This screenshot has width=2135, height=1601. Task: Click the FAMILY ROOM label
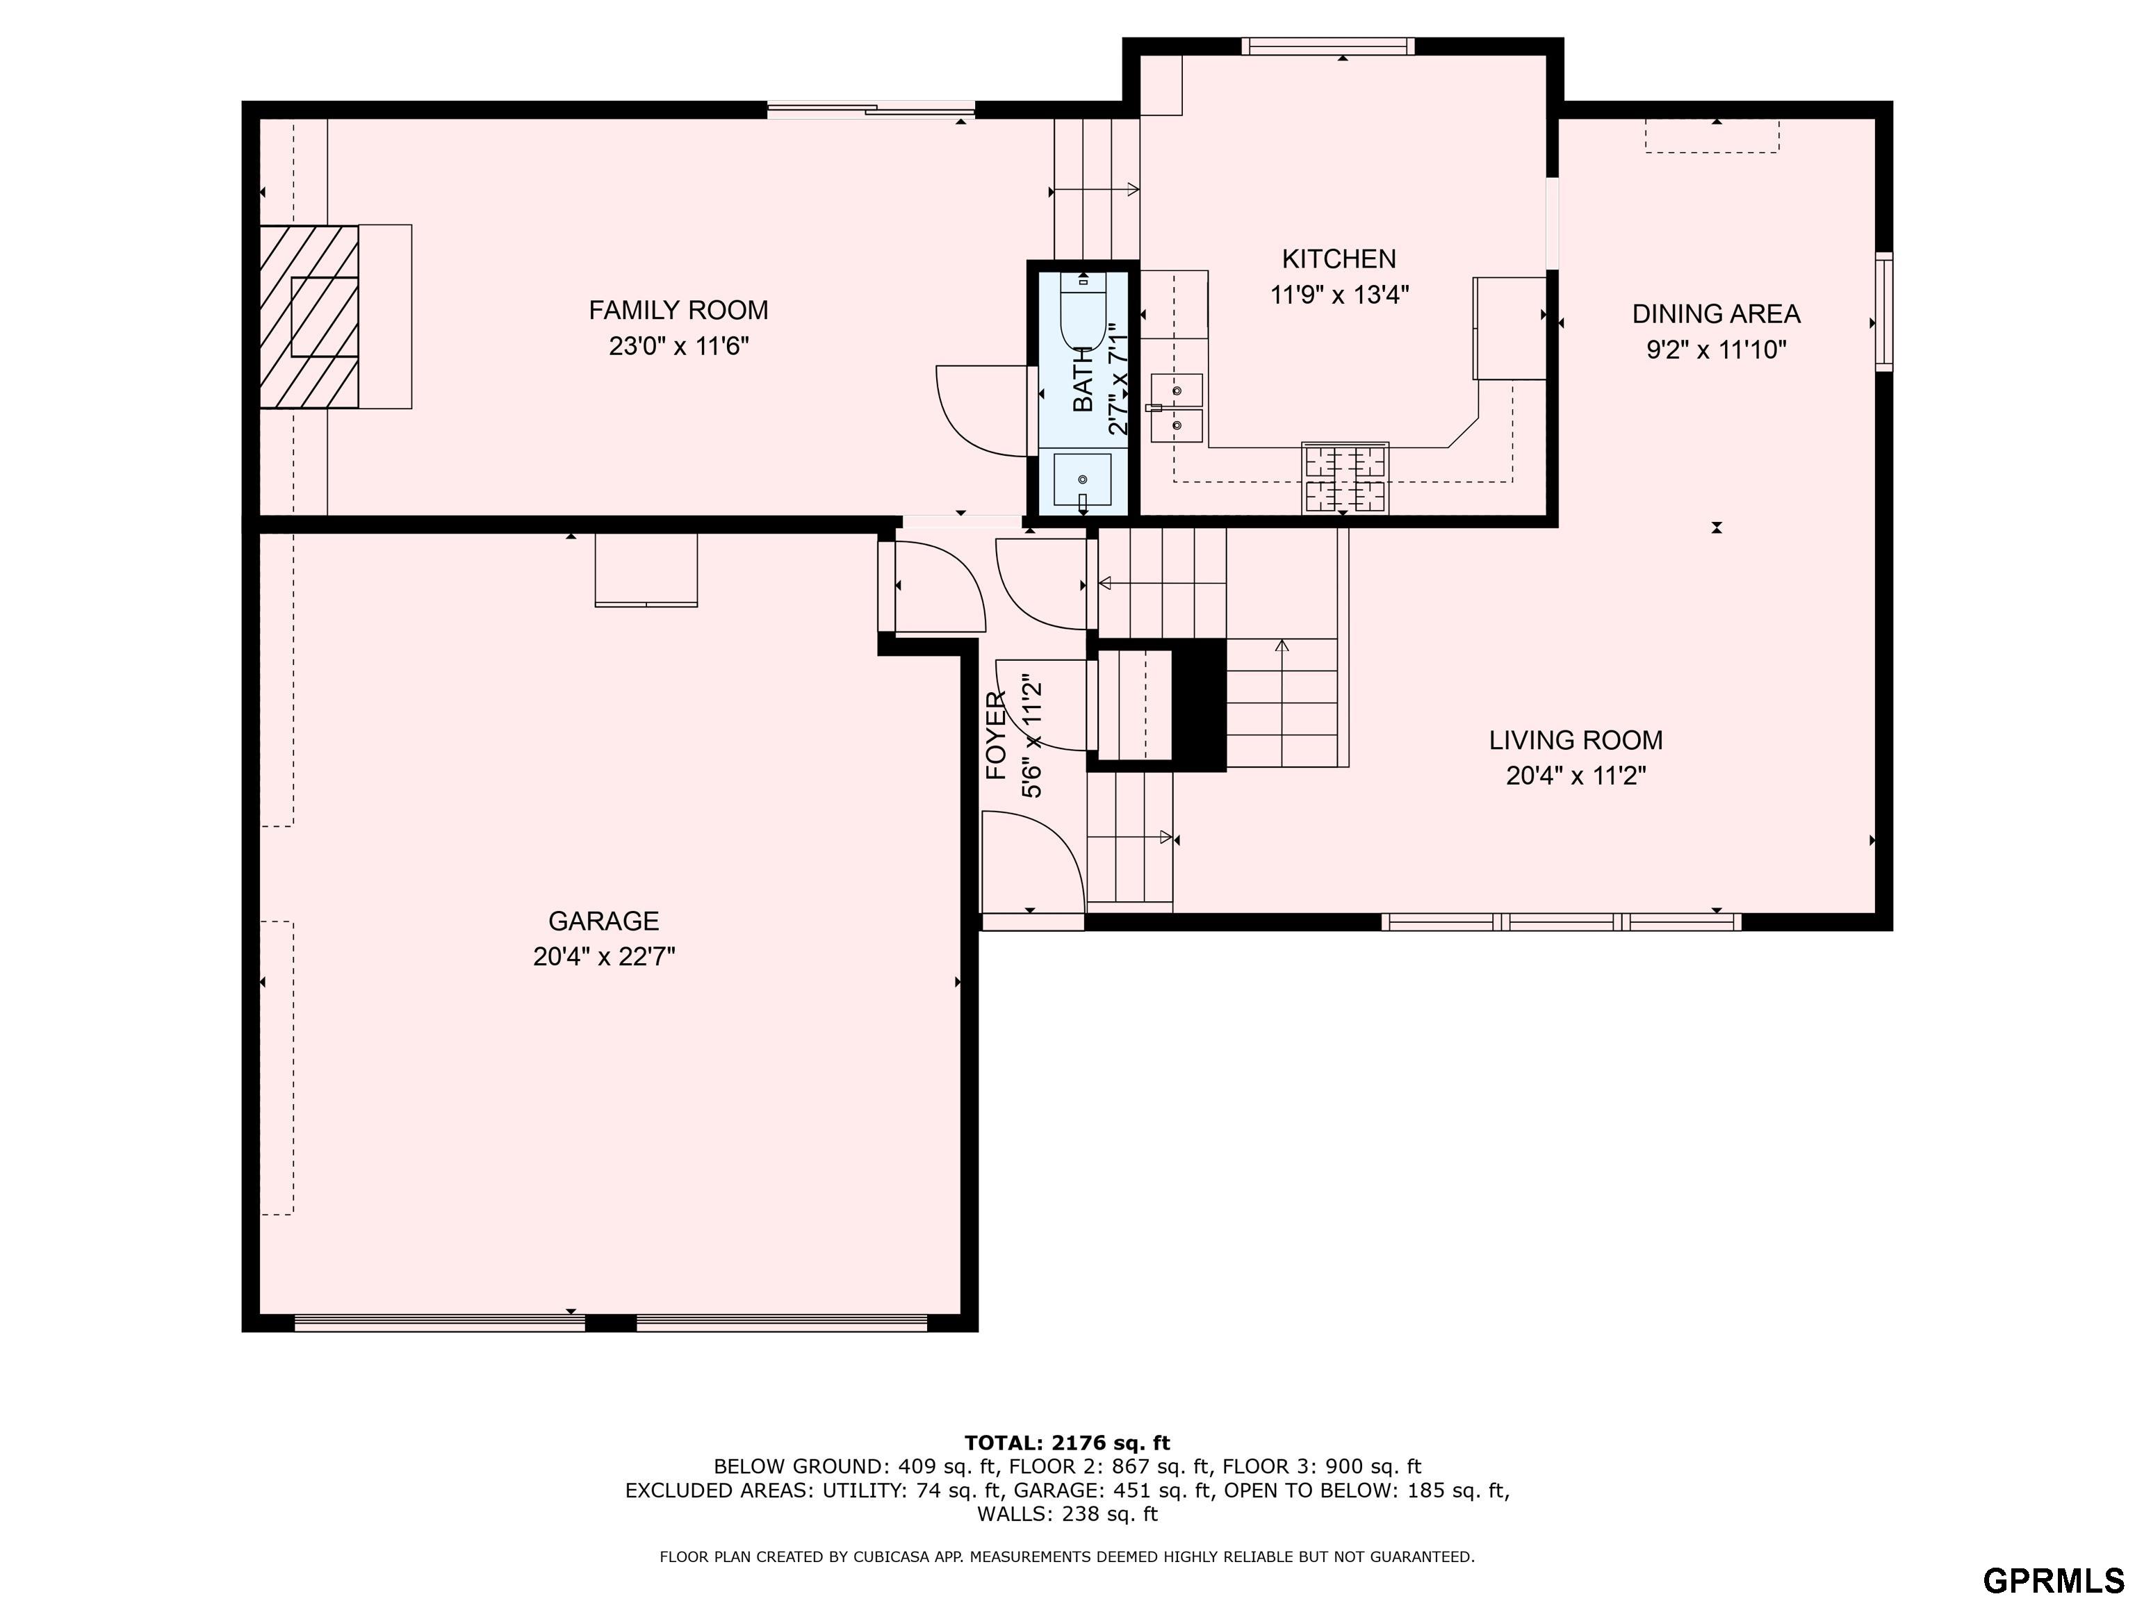tap(678, 310)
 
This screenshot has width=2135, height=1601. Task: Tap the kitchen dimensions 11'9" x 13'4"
tap(1340, 295)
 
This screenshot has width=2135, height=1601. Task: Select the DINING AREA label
tap(1716, 313)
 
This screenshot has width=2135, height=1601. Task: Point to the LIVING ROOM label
tap(1576, 740)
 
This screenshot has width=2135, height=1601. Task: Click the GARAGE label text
tap(603, 921)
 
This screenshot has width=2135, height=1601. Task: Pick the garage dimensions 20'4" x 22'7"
tap(604, 956)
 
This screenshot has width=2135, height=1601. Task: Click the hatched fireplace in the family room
tap(309, 317)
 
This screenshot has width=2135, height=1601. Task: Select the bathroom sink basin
tap(1082, 479)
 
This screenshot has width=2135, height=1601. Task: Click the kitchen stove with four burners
tap(1345, 477)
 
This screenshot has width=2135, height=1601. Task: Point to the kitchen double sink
tap(1177, 407)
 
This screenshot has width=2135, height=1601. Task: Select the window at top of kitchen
tap(1328, 45)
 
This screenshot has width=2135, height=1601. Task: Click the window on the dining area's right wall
tap(1884, 312)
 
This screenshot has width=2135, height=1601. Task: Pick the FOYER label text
tap(996, 735)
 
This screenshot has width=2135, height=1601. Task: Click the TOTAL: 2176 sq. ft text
tap(1067, 1443)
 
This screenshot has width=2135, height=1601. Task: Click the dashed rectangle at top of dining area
tap(1712, 136)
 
